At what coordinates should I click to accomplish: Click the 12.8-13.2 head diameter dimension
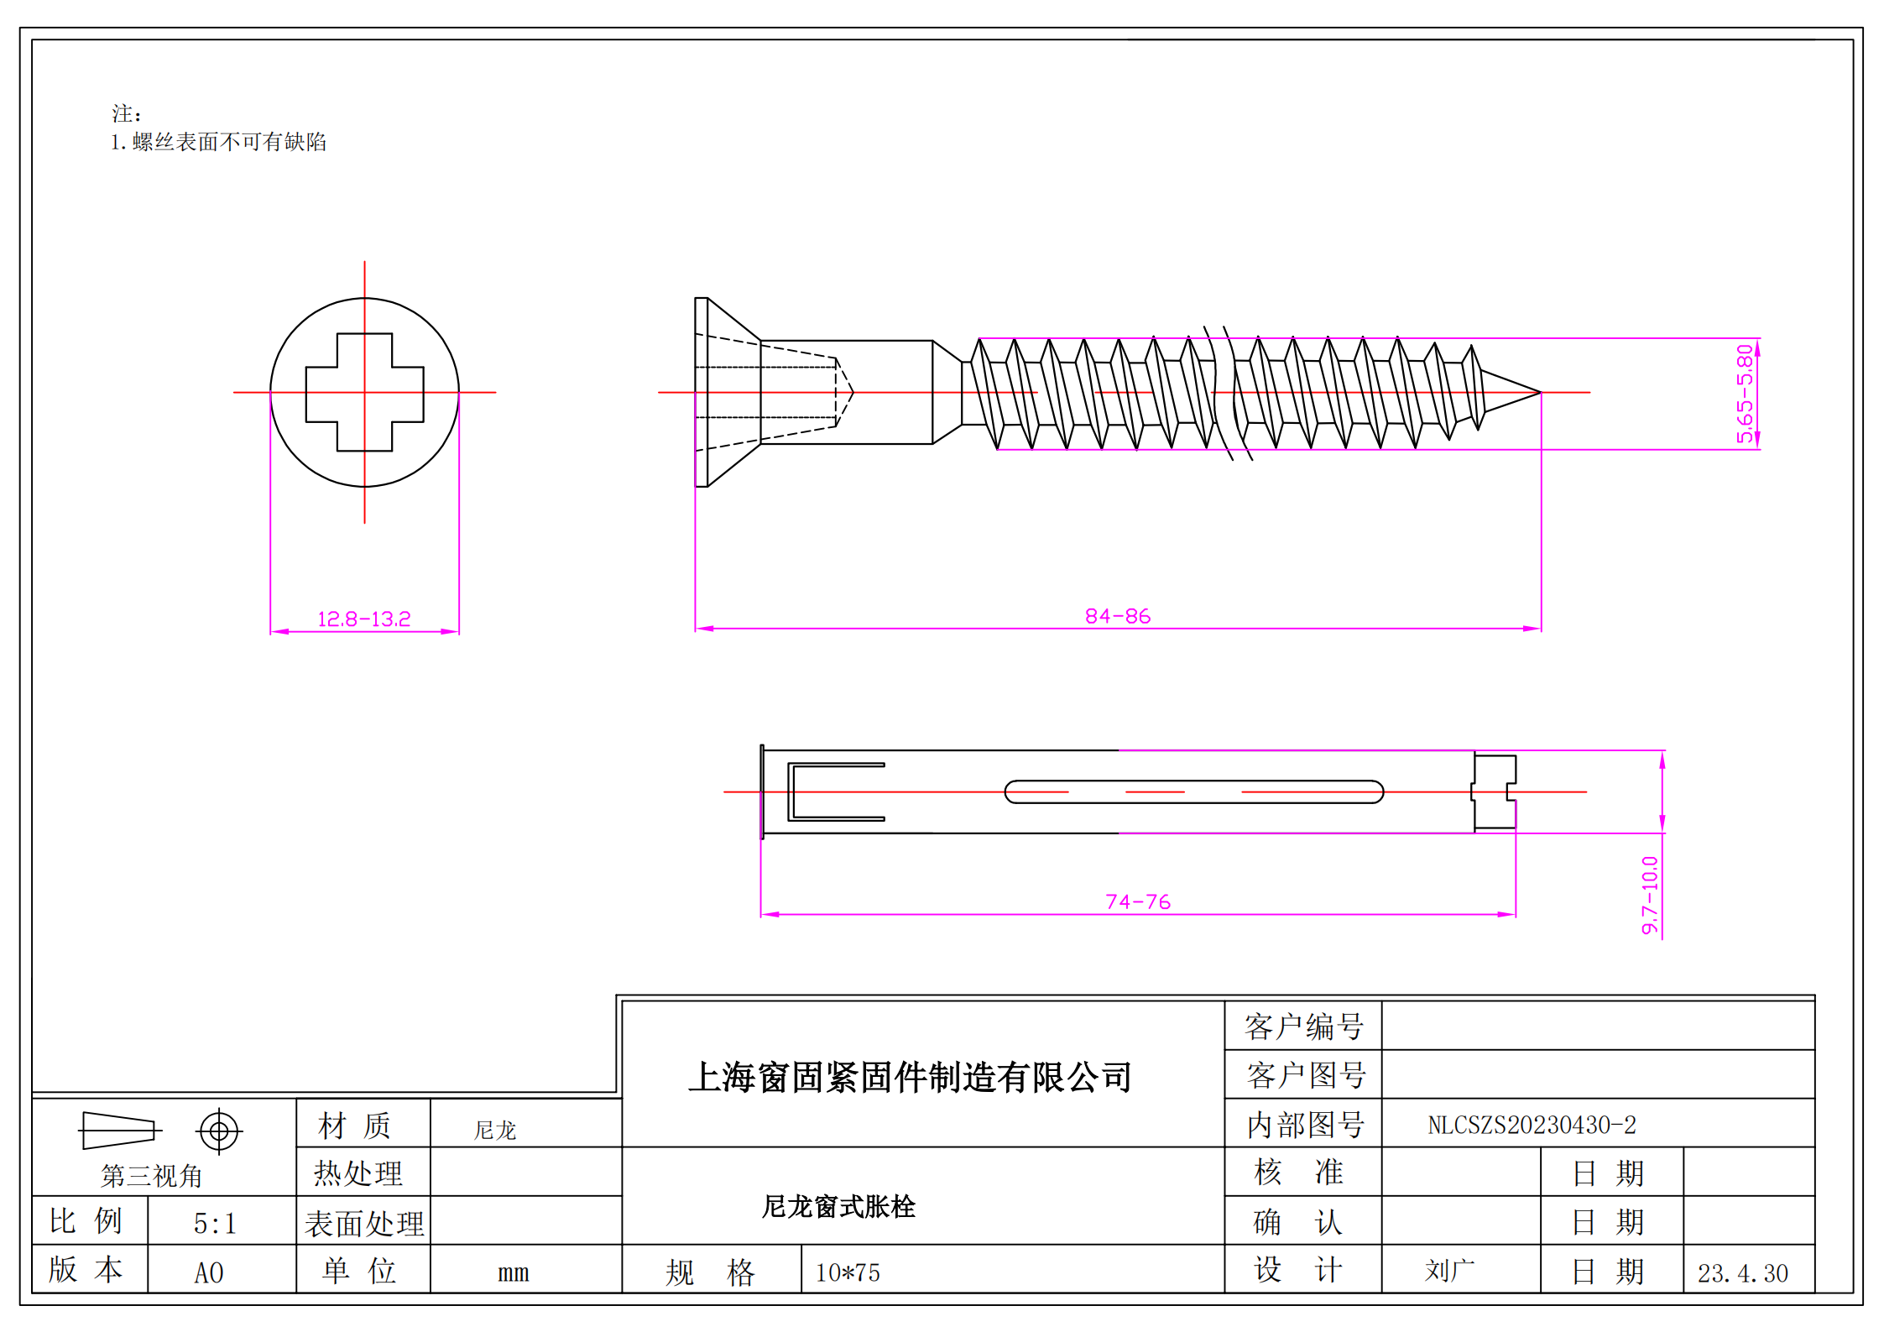point(363,619)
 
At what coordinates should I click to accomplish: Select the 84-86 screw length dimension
point(1117,617)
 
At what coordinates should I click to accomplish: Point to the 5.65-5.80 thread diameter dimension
point(1745,393)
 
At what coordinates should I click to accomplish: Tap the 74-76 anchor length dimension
point(1137,902)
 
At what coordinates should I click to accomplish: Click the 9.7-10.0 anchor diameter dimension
point(1650,895)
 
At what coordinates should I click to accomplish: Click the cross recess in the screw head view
point(364,392)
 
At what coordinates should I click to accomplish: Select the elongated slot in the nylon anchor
point(1193,791)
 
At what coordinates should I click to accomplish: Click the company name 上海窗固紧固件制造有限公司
point(910,1078)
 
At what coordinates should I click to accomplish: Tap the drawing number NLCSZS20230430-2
point(1532,1126)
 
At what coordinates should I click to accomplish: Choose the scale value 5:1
point(215,1224)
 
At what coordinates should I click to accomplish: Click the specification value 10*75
point(848,1273)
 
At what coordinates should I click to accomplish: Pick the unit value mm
point(513,1273)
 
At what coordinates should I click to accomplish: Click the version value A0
point(209,1273)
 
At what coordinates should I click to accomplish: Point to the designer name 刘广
point(1449,1271)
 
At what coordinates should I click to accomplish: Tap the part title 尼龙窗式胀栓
point(838,1207)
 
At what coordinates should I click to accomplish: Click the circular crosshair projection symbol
point(219,1131)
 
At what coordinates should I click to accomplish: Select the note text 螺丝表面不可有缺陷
point(228,142)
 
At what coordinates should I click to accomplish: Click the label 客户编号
point(1303,1026)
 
